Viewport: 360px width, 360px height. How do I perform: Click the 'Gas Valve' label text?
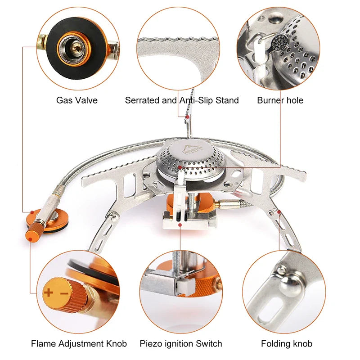(76, 100)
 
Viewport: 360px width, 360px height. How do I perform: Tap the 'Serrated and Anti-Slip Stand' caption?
(182, 100)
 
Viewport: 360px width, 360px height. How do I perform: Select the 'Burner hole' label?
(280, 100)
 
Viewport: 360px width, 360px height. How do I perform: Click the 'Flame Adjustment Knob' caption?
(79, 344)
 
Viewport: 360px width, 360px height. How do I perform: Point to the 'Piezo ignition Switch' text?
(181, 344)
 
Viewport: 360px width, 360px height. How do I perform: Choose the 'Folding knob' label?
(287, 344)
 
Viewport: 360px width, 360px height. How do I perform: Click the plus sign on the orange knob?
(49, 293)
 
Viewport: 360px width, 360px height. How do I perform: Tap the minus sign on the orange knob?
(63, 293)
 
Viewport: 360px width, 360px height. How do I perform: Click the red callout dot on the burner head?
(180, 167)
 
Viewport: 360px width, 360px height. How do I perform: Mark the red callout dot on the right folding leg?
(279, 211)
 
